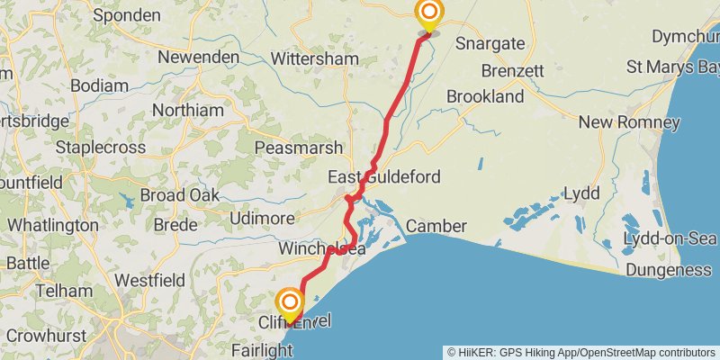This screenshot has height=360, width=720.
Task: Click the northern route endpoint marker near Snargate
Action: pos(429,13)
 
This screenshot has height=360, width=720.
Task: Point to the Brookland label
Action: pos(485,96)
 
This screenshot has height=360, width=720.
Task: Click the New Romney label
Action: pos(629,122)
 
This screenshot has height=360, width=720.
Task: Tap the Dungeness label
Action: pos(668,270)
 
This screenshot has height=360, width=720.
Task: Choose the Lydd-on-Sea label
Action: pos(670,238)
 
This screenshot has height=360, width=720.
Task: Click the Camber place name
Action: pos(436,226)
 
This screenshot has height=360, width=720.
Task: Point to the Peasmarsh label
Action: pos(299,148)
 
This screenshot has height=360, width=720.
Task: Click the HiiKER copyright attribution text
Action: pos(581,352)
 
